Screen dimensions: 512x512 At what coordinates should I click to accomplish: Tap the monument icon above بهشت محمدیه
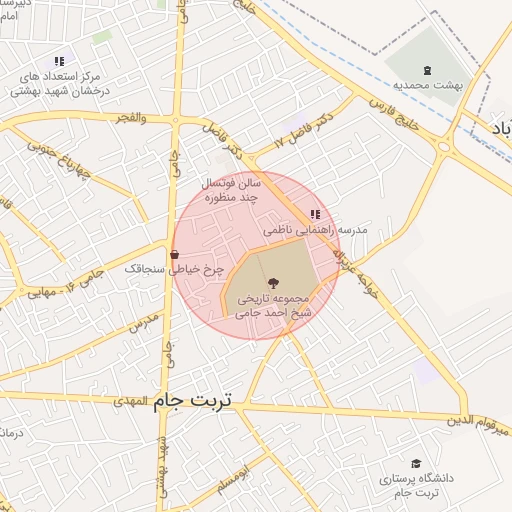point(427,68)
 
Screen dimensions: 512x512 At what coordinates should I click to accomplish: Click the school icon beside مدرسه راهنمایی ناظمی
point(315,214)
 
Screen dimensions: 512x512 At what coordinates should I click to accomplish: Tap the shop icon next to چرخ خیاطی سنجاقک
point(175,254)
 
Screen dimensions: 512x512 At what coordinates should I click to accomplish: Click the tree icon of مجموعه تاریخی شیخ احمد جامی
point(274,283)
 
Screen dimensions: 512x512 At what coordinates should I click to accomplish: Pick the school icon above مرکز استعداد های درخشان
point(58,61)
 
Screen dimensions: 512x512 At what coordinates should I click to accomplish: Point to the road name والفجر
point(130,118)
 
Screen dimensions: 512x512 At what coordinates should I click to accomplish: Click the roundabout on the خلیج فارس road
point(443,148)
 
